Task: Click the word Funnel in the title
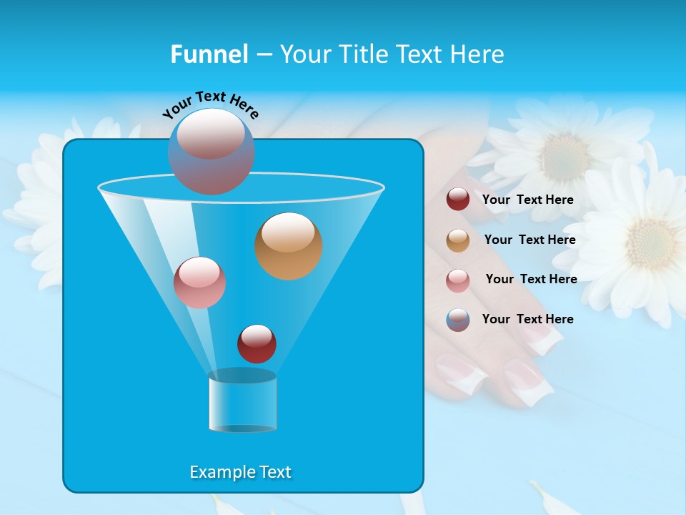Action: (x=209, y=54)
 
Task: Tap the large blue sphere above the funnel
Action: (x=211, y=151)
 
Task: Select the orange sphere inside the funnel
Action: (x=288, y=246)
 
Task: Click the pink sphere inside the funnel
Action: (x=199, y=283)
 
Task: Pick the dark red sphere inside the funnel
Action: (x=257, y=343)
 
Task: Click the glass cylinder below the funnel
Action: (x=242, y=401)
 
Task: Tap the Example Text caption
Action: (x=240, y=472)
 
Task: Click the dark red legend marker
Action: (x=458, y=200)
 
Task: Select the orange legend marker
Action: (x=458, y=240)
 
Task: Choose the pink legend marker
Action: (x=458, y=280)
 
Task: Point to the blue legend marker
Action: (x=458, y=320)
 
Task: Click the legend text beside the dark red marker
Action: (x=527, y=200)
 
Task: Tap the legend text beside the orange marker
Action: (x=530, y=240)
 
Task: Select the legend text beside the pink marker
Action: (x=531, y=279)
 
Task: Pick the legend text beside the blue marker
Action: (x=527, y=319)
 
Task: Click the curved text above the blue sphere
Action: (x=210, y=105)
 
